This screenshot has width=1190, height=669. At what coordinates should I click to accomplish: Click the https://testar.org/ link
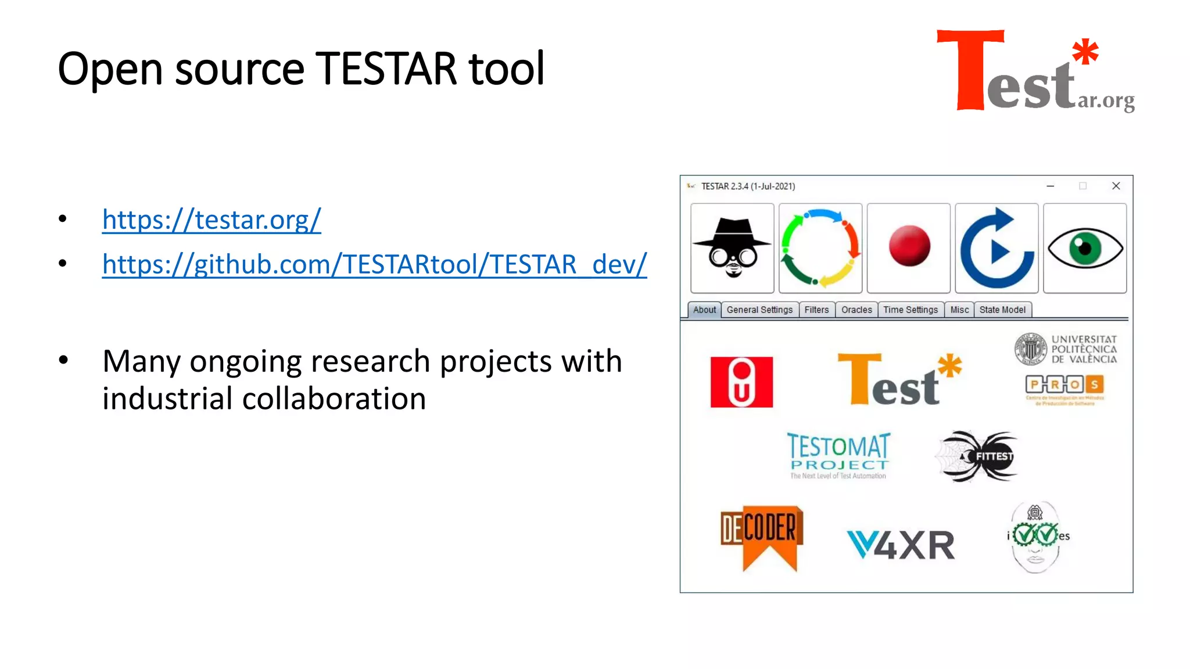coord(212,220)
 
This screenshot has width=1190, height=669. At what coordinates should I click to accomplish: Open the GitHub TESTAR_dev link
coord(374,265)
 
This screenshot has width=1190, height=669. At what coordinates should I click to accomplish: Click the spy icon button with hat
coord(732,249)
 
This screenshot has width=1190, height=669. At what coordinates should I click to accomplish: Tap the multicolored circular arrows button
coord(820,249)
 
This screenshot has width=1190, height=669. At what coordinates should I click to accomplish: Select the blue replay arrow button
coord(997,249)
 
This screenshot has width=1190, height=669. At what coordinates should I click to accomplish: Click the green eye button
coord(1085,249)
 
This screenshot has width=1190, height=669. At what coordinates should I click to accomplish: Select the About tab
coord(704,310)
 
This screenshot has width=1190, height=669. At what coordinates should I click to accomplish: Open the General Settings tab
coord(759,310)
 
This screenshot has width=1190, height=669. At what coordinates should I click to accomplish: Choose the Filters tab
coord(816,310)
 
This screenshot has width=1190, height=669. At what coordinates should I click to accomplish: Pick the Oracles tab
coord(856,310)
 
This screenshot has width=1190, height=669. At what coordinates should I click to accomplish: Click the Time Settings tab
coord(911,310)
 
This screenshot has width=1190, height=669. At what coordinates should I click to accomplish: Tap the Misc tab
coord(959,310)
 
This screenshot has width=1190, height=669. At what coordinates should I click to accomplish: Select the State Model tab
coord(1002,310)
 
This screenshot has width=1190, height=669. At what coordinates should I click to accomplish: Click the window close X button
coord(1116,186)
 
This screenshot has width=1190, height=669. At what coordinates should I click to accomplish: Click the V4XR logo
coord(901,545)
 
